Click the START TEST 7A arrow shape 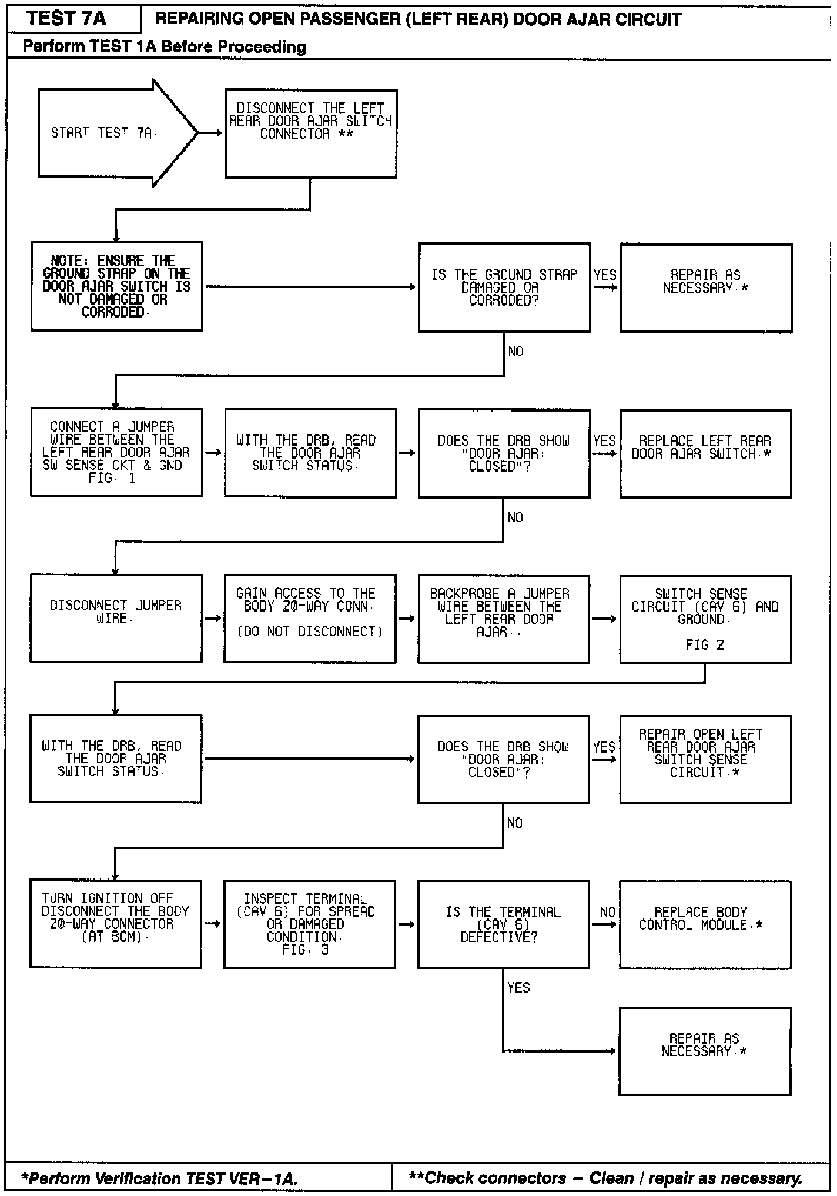tap(112, 133)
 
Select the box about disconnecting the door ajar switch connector tap(310, 133)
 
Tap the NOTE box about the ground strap tap(116, 286)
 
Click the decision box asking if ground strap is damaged tap(504, 288)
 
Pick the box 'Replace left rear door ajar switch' tap(705, 454)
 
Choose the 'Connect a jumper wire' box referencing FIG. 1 tap(116, 453)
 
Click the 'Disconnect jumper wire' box tap(116, 619)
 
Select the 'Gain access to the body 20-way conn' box tap(310, 619)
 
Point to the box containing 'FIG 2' tap(705, 619)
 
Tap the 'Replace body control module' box tap(705, 924)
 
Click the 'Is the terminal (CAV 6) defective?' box tap(503, 924)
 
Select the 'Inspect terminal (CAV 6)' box tap(309, 924)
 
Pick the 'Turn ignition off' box tap(116, 924)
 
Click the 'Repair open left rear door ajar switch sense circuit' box tap(705, 759)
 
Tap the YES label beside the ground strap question tap(605, 275)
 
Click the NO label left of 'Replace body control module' tap(607, 912)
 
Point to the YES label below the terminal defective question tap(518, 987)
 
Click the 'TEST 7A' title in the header tap(66, 18)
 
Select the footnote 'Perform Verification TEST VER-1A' tap(159, 1178)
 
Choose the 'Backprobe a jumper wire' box tap(503, 619)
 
